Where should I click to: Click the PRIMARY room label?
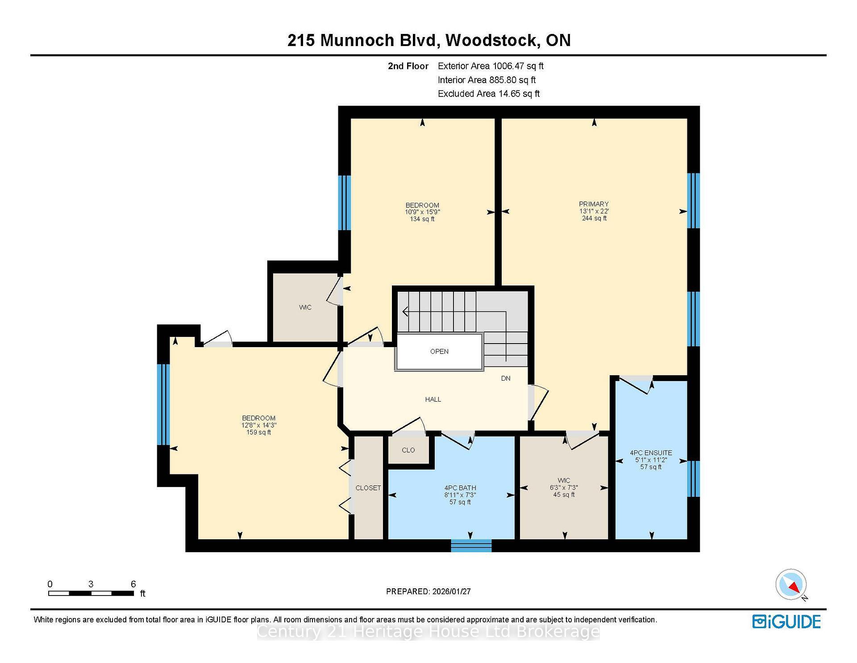coord(594,204)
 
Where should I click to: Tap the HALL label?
coord(433,399)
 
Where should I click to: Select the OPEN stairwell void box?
coord(439,352)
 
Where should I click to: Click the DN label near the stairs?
coord(506,378)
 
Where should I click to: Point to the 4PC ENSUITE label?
coord(651,453)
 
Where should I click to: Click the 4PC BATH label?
coord(460,488)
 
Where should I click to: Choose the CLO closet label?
coord(408,450)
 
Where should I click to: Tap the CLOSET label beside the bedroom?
coord(368,488)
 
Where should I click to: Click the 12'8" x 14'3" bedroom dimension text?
coord(259,425)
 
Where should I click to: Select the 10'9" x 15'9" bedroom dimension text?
coord(422,212)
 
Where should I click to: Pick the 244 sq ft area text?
coord(594,218)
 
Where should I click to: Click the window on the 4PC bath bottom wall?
coord(471,546)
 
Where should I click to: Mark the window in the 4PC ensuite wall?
coord(693,479)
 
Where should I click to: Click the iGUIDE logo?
coord(786,621)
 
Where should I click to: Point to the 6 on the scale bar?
coord(133,584)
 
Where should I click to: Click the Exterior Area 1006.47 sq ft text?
coord(491,66)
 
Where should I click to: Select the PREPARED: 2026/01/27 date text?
coord(428,592)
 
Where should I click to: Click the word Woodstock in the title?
coord(491,40)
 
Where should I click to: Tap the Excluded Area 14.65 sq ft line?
coord(489,94)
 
